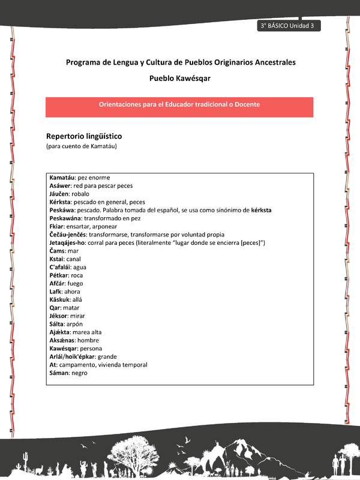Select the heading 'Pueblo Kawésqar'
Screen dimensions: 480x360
(179, 78)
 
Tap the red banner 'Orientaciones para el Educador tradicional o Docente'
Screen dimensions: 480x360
(179, 104)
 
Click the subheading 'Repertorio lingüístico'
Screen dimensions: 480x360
(84, 136)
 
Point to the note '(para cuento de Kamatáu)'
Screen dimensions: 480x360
(81, 147)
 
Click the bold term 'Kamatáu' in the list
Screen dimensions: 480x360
(62, 178)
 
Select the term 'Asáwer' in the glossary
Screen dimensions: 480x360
(61, 186)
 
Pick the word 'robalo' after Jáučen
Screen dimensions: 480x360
(80, 194)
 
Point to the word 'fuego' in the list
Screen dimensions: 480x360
(76, 283)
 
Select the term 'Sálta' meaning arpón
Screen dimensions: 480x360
(58, 323)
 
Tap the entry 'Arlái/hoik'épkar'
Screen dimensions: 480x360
(71, 356)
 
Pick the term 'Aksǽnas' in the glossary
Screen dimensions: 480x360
(61, 340)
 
